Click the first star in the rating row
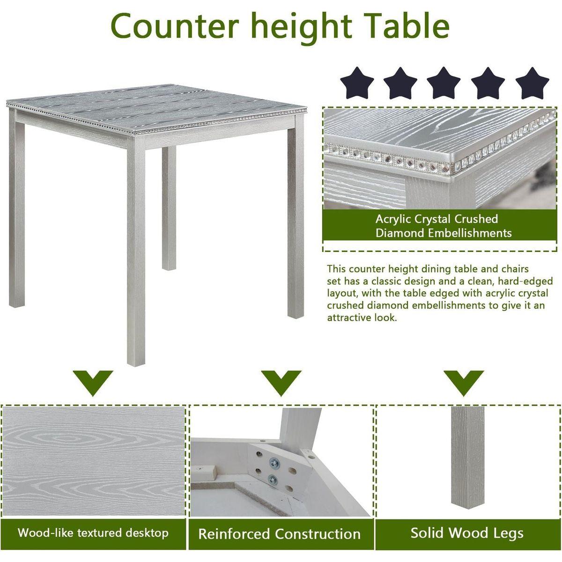click(357, 83)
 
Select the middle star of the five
click(444, 83)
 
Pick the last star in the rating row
click(532, 83)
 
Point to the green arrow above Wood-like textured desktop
click(93, 382)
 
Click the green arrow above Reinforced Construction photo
click(281, 382)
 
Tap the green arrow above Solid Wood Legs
click(464, 382)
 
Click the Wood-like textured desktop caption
click(93, 532)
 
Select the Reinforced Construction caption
click(279, 534)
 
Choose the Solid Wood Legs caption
click(467, 533)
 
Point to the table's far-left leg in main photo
click(17, 211)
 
